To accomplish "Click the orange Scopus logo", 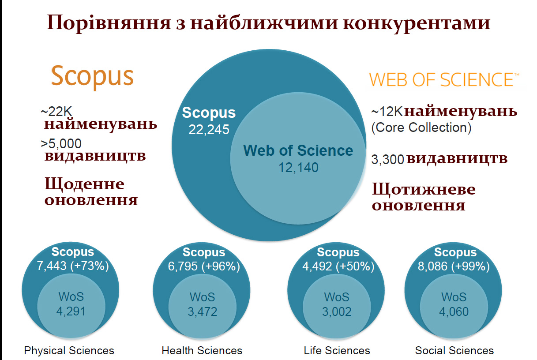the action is coord(92,77).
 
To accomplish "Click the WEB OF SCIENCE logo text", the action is coord(444,80).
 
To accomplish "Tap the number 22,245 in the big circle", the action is coord(209,130).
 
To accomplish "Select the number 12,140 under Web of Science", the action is coord(298,167).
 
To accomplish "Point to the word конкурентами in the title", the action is coord(417,23).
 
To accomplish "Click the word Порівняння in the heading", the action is coord(109,23).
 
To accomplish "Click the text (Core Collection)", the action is coord(421,127).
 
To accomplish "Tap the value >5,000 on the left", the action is coord(61,143).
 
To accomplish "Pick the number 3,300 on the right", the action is coord(388,159).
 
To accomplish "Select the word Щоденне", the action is coord(85,184).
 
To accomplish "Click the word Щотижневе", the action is coord(424,189).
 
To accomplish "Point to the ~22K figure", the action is coord(56,111).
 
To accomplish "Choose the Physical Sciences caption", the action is coord(69,351).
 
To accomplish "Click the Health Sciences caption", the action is coord(202,351).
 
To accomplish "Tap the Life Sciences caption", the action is coord(337,351).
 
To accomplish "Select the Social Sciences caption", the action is coord(454,351).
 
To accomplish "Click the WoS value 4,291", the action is coord(71,311).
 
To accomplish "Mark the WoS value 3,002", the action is coord(337,311).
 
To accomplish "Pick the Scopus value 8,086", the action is coord(432,266).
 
